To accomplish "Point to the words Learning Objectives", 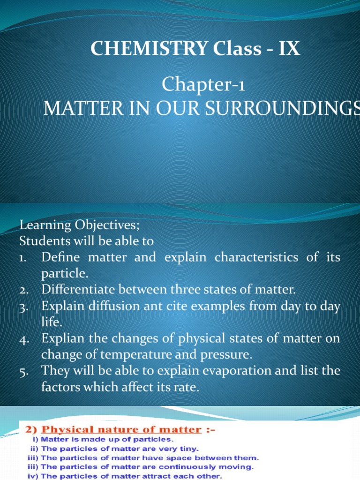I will pos(79,225).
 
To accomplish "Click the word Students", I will pos(40,241).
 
